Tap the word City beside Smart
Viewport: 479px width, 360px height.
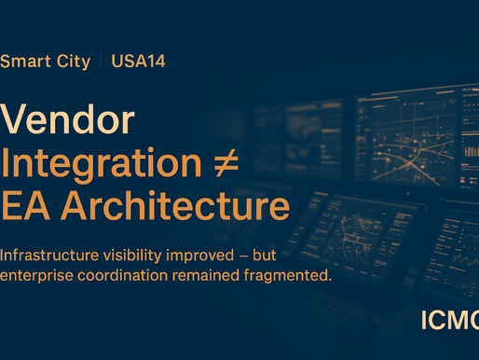[73, 62]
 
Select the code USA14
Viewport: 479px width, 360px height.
[138, 62]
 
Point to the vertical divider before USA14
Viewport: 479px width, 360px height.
[101, 62]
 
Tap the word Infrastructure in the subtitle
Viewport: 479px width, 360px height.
[48, 254]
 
